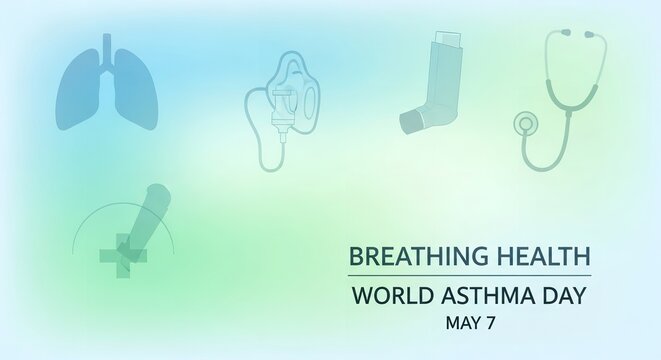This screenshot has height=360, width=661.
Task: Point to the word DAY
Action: pyautogui.click(x=562, y=296)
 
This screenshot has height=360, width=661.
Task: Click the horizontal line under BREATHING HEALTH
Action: pyautogui.click(x=469, y=275)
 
